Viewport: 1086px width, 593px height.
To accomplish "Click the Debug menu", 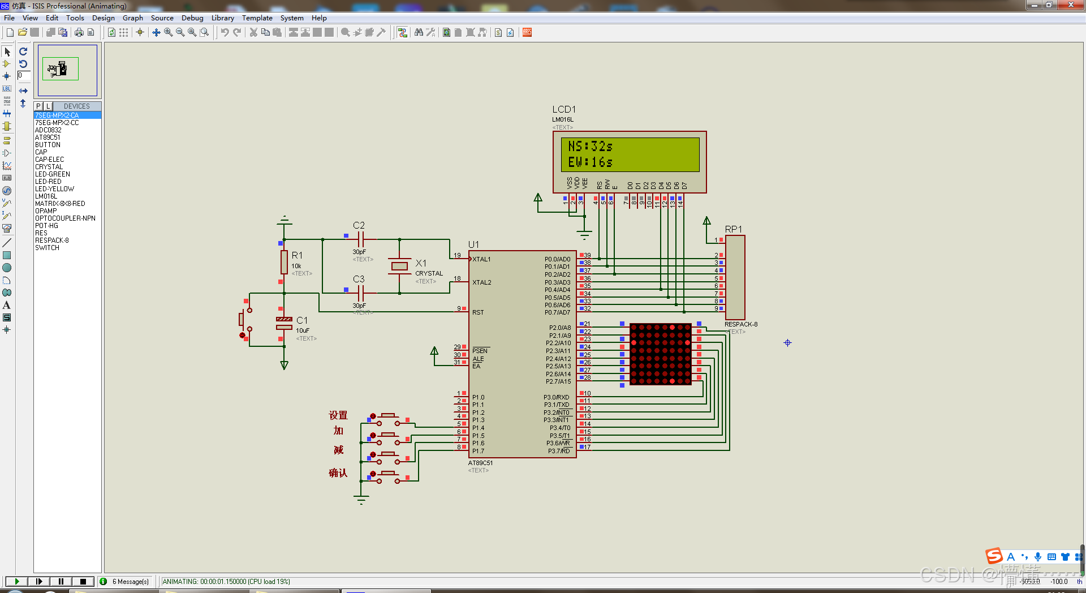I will [x=192, y=18].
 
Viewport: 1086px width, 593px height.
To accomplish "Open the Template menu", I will [x=257, y=18].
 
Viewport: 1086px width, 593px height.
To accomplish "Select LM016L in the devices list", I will [x=46, y=196].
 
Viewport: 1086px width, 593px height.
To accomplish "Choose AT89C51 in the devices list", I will [x=48, y=137].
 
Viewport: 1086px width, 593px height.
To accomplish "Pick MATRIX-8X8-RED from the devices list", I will [x=60, y=204].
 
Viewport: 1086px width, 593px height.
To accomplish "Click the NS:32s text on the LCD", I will [x=590, y=147].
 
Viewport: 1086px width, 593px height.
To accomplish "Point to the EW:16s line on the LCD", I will [x=590, y=162].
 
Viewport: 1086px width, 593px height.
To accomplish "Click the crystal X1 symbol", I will [x=399, y=266].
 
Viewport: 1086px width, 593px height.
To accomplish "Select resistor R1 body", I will [x=284, y=263].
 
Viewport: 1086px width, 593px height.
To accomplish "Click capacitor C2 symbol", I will [x=360, y=239].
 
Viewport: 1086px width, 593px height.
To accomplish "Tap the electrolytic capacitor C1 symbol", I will [x=284, y=323].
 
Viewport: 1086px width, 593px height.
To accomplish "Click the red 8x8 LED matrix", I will [x=660, y=354].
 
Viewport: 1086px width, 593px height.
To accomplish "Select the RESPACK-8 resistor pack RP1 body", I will [x=735, y=277].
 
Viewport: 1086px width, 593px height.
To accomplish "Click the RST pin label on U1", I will [x=478, y=312].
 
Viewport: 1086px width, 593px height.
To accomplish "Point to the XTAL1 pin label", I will [x=482, y=259].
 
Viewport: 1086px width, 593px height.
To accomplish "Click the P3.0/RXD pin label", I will [x=557, y=397].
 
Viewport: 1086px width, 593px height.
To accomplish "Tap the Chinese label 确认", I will [x=338, y=473].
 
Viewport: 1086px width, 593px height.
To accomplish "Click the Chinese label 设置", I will [x=338, y=415].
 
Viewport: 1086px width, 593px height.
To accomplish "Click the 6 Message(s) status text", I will [x=131, y=582].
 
